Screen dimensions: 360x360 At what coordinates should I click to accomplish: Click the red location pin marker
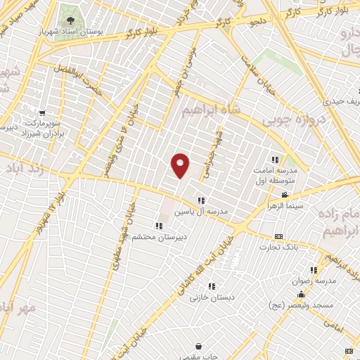pyautogui.click(x=180, y=165)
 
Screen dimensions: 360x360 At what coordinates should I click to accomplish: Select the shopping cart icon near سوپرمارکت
pyautogui.click(x=42, y=112)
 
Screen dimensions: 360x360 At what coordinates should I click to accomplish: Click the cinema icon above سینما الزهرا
pyautogui.click(x=284, y=194)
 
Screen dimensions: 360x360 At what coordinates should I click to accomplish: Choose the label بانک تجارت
pyautogui.click(x=278, y=247)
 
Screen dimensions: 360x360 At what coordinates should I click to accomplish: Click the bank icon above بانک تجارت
pyautogui.click(x=278, y=236)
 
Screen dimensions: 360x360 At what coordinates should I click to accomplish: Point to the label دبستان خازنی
pyautogui.click(x=208, y=297)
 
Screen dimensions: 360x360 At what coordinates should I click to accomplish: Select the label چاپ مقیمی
pyautogui.click(x=199, y=357)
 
